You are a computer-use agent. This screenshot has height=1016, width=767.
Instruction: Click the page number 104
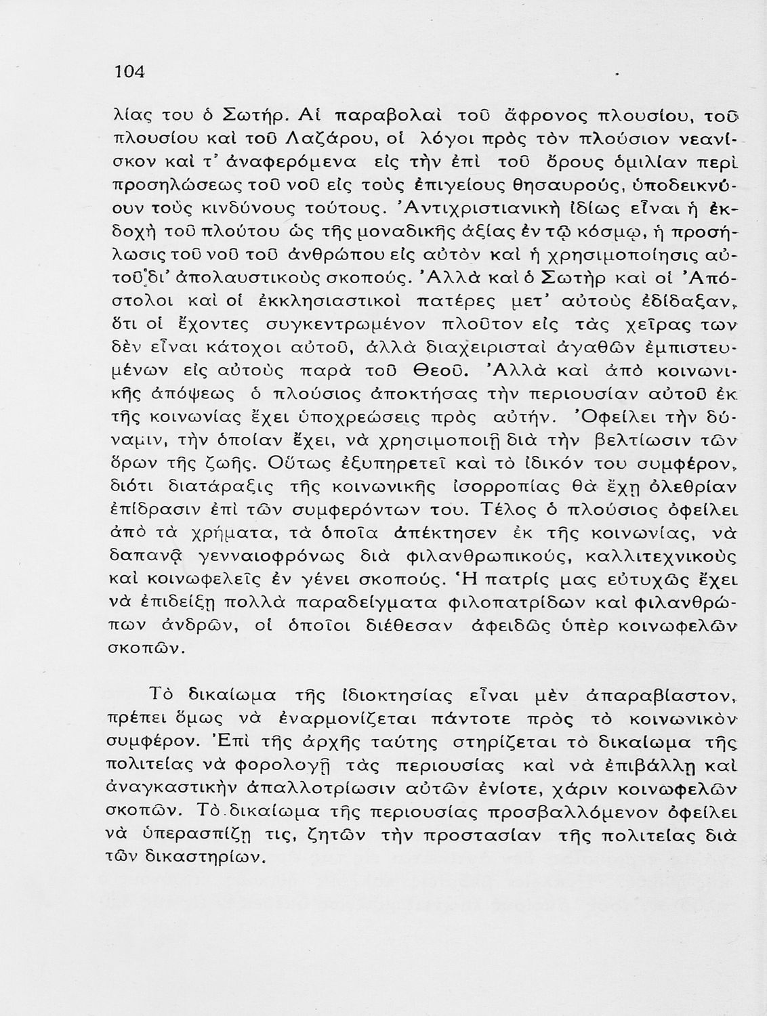(131, 72)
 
